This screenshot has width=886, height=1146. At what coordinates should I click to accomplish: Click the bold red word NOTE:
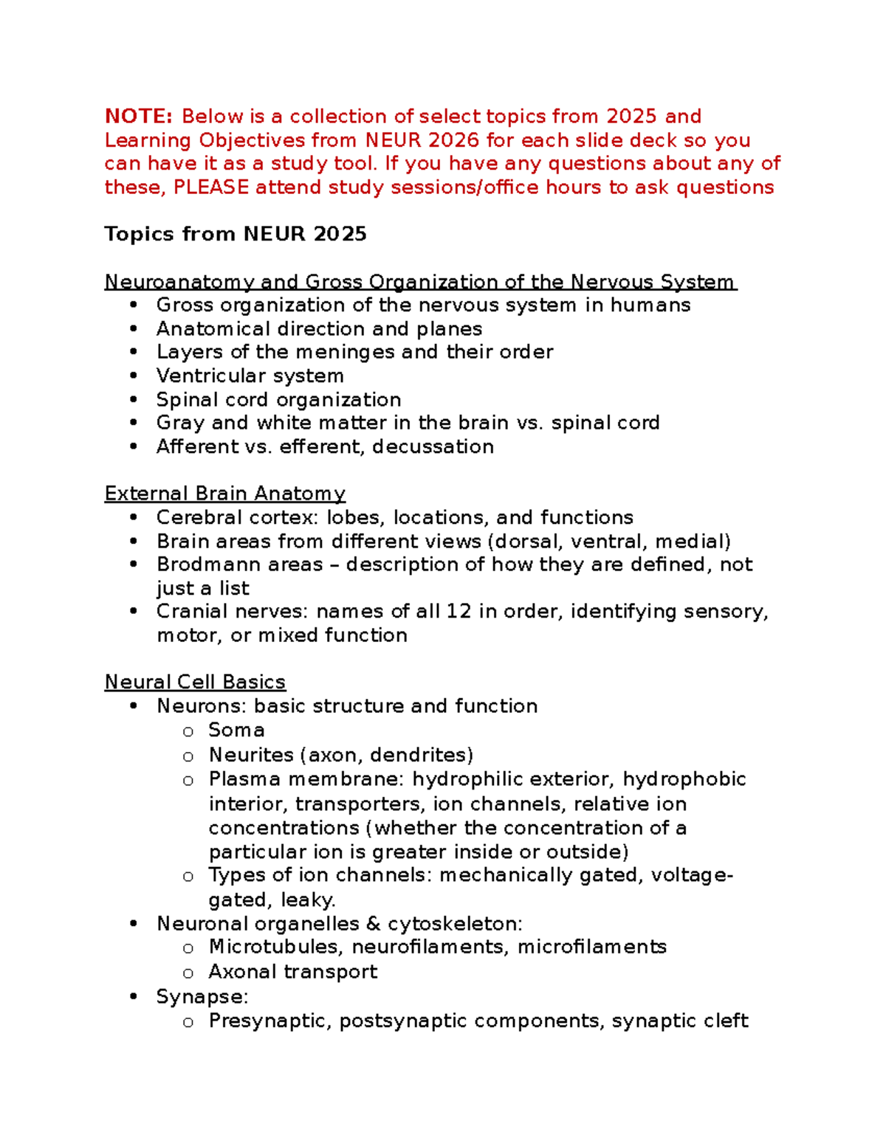(x=138, y=117)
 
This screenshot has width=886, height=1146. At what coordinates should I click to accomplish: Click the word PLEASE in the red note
(x=210, y=187)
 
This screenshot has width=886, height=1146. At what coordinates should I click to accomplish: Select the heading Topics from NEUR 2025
(x=235, y=234)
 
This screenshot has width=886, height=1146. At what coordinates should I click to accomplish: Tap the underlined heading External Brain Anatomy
(x=224, y=494)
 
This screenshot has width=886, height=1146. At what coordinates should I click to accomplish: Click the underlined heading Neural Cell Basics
(x=195, y=682)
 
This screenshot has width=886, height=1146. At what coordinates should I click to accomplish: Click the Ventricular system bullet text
(x=250, y=376)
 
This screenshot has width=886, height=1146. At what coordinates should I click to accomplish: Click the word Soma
(x=236, y=730)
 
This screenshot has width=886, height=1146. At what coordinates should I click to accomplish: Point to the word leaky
(x=308, y=900)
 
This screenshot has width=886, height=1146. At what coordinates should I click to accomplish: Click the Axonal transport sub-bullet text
(x=292, y=972)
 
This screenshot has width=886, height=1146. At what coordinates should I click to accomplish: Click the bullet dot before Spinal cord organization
(x=133, y=400)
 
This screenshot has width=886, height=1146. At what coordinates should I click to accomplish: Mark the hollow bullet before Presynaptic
(x=188, y=1022)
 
